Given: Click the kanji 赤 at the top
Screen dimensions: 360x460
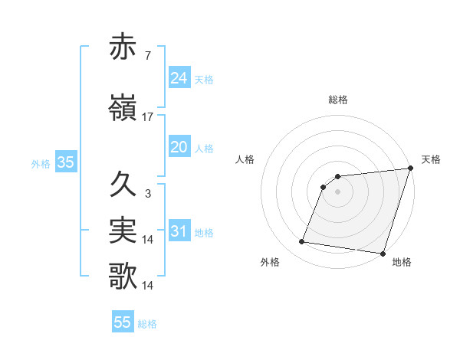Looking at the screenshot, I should pyautogui.click(x=123, y=47).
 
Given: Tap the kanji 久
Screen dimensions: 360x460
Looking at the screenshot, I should pyautogui.click(x=123, y=185).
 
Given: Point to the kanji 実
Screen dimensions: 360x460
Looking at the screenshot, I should pyautogui.click(x=123, y=231).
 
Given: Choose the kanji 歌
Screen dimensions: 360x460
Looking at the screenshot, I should pyautogui.click(x=123, y=276).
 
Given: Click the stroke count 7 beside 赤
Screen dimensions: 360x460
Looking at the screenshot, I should pyautogui.click(x=147, y=56).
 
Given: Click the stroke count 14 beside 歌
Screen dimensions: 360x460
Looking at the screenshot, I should pyautogui.click(x=148, y=285).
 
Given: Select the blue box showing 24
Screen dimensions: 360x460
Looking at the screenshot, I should pyautogui.click(x=179, y=78).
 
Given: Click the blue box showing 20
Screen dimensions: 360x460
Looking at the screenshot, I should pyautogui.click(x=179, y=147).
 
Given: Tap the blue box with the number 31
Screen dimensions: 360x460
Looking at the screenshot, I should pyautogui.click(x=179, y=231).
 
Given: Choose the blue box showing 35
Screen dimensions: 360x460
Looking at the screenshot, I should pyautogui.click(x=65, y=162).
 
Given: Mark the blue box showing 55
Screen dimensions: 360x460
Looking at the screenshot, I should pyautogui.click(x=123, y=322).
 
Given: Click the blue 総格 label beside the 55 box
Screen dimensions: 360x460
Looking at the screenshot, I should pyautogui.click(x=147, y=324).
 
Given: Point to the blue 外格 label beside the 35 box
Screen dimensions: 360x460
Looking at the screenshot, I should pyautogui.click(x=41, y=163).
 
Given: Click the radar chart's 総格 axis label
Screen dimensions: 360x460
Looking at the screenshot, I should pyautogui.click(x=337, y=100).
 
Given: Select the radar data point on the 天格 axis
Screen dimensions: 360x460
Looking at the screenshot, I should pyautogui.click(x=410, y=169).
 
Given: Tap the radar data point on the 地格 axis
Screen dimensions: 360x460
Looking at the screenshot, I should pyautogui.click(x=382, y=254).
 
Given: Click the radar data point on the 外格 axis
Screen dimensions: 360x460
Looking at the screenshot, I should pyautogui.click(x=302, y=242).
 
